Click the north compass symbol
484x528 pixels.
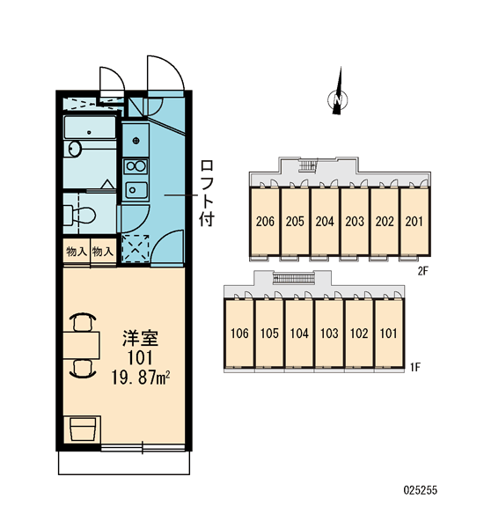coord(338,98)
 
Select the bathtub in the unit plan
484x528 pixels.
coord(90,128)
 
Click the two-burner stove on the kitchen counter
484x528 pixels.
coord(136,165)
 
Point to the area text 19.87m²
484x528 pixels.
coord(141,378)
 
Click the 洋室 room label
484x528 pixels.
coord(140,338)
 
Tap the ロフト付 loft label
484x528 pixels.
coord(207,193)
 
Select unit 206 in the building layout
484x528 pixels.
coord(265,221)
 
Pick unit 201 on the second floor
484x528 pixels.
coord(414,221)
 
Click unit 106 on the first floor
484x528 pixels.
coord(239,333)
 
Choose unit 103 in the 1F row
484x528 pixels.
coord(329,333)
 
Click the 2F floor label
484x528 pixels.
coord(422,270)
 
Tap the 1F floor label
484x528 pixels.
coord(415,367)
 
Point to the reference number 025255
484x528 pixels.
coord(421,490)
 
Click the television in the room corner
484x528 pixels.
coord(83,429)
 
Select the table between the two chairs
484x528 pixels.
coord(81,345)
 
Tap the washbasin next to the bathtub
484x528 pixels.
coord(75,149)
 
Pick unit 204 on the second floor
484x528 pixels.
coord(325,221)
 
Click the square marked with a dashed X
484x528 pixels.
coord(136,248)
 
